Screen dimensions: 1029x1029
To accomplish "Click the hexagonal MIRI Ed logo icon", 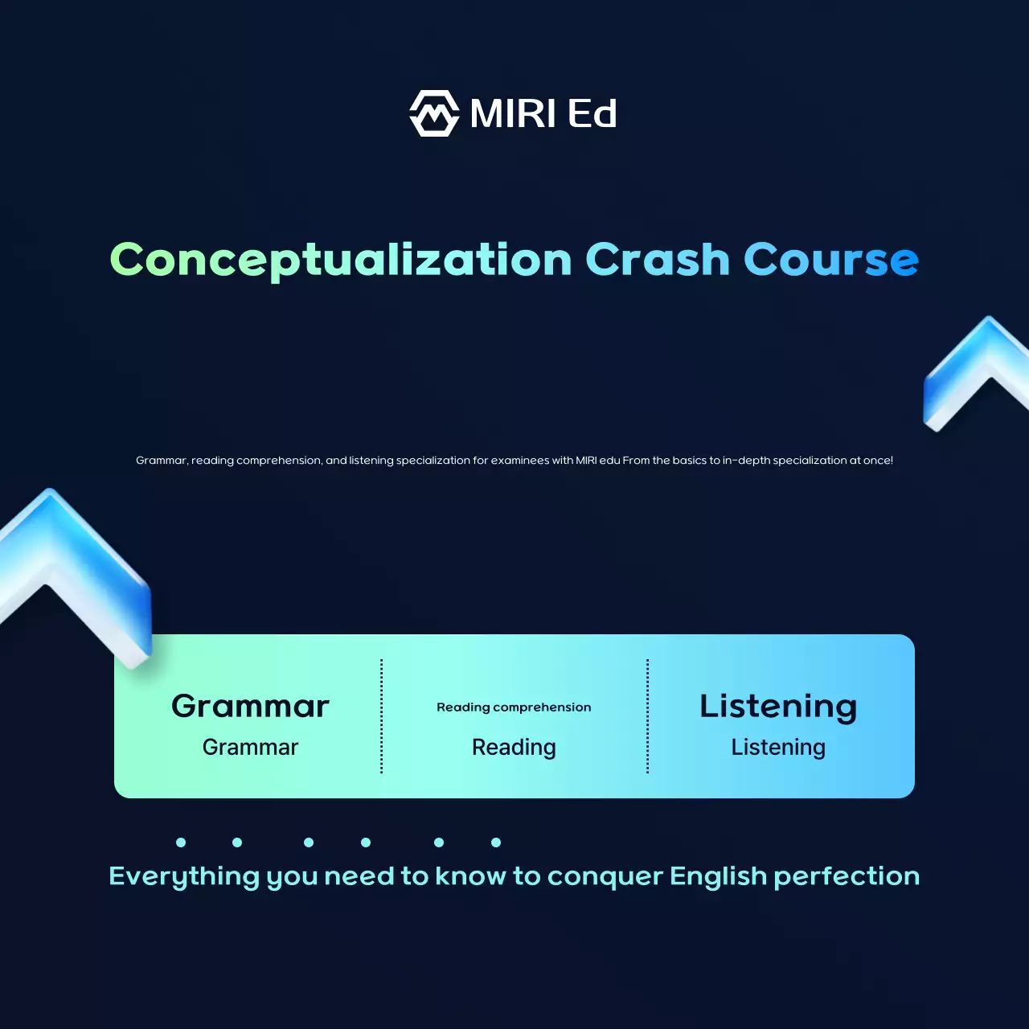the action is (x=434, y=113).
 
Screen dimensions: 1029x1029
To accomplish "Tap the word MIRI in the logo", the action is (x=513, y=113).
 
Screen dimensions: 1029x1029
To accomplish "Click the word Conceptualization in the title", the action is (x=341, y=260).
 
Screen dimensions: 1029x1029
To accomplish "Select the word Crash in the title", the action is (x=658, y=260).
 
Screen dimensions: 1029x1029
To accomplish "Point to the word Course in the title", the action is (x=831, y=260).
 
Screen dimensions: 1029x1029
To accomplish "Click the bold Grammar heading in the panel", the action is (x=250, y=707).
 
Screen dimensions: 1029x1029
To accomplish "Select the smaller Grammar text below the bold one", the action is (x=250, y=747).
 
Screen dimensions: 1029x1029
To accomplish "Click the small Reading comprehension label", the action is (x=514, y=707).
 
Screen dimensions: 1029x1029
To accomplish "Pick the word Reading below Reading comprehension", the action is (x=514, y=748).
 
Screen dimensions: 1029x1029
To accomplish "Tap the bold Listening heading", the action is (x=778, y=707).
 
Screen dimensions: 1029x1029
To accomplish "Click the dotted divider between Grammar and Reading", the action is (x=381, y=716).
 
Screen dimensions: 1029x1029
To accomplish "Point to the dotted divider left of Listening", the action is (x=648, y=716).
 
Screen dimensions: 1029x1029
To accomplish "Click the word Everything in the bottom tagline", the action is (x=184, y=877).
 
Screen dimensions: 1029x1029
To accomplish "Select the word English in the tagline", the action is (x=718, y=877).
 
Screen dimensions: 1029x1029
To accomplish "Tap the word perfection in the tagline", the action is (x=847, y=877).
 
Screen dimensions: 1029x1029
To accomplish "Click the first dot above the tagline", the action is (x=181, y=842).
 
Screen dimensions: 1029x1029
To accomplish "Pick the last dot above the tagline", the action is (x=496, y=842).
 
